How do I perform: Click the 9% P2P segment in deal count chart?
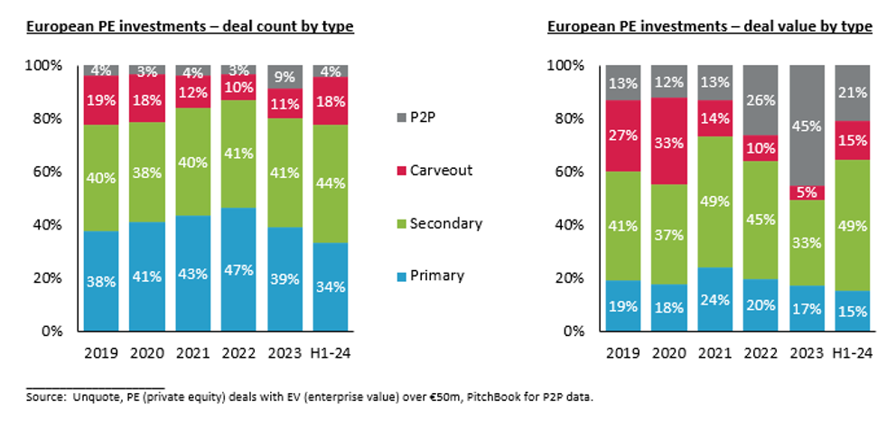click(283, 74)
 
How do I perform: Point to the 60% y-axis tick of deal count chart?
click(47, 172)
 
